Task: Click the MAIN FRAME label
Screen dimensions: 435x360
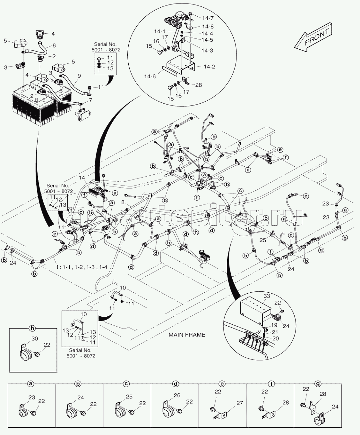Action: (187, 335)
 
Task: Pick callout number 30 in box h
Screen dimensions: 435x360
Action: (35, 339)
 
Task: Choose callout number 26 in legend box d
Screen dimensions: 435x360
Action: (177, 395)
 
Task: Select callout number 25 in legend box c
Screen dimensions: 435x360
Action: (129, 397)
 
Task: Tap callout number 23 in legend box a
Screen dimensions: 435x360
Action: (31, 397)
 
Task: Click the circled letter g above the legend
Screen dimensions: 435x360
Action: (318, 383)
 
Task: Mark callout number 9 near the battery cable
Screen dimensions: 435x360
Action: (79, 76)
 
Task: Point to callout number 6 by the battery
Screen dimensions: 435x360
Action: (54, 46)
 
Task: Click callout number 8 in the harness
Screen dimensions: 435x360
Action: (123, 202)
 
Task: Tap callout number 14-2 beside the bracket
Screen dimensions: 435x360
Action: (209, 67)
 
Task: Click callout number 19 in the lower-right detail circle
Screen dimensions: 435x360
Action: (274, 325)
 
